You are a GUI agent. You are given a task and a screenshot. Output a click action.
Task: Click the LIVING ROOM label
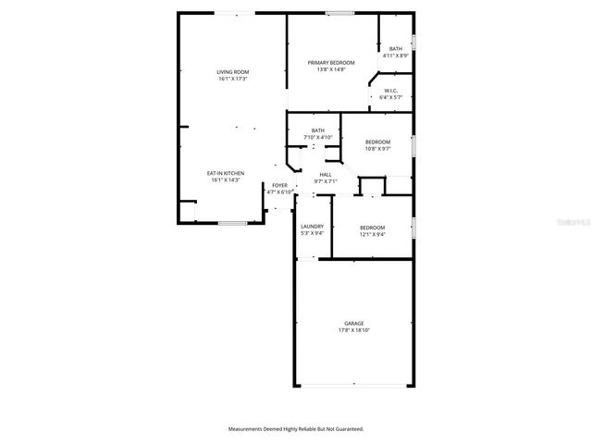[233, 71]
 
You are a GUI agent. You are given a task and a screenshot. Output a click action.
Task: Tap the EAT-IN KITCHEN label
[226, 173]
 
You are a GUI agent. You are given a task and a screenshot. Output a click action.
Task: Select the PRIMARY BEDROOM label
[331, 62]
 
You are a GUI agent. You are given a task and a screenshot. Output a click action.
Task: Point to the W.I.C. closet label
[390, 90]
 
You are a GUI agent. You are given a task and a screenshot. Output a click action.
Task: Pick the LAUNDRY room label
[312, 227]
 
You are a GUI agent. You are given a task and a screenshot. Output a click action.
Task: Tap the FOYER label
[279, 186]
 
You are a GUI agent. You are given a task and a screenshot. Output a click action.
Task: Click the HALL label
[326, 175]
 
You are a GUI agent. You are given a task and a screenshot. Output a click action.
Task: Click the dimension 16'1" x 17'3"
[233, 79]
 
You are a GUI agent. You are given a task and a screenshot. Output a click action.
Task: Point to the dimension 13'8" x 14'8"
[331, 69]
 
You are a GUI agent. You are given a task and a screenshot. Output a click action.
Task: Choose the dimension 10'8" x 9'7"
[377, 149]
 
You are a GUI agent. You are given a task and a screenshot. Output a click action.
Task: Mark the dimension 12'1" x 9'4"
[372, 234]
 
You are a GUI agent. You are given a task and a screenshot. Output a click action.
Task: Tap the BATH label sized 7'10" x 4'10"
[318, 130]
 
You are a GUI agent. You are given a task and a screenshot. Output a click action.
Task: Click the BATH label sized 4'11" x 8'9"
[396, 49]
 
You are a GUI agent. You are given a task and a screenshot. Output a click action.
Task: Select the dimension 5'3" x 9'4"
[312, 234]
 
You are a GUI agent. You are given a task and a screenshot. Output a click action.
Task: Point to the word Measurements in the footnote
[249, 429]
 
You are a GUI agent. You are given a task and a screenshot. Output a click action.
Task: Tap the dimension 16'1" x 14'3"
[226, 180]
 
